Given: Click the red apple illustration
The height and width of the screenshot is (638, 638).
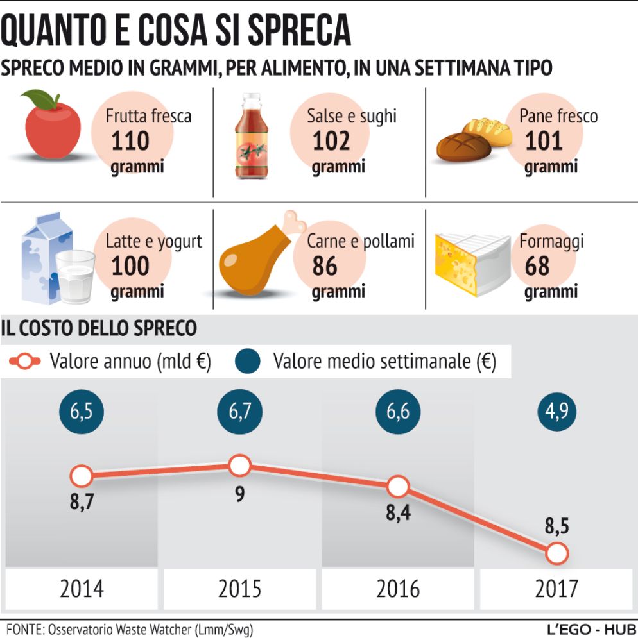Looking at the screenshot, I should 53,128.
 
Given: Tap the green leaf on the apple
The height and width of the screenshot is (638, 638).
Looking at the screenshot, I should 40,98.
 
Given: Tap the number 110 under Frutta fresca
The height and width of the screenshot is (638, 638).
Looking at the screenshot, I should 130,141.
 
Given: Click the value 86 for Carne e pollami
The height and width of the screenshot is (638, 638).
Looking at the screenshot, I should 325,265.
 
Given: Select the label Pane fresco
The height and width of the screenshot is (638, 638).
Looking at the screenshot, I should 558,116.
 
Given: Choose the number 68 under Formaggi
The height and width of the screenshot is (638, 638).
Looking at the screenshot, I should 537,265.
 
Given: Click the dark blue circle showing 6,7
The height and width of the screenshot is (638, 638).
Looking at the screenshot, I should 239,411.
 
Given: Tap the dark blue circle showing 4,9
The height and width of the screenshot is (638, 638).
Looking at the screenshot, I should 556,411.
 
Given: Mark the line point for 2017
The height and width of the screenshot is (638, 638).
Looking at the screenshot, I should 557,552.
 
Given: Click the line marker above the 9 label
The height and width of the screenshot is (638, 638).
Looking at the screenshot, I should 239,466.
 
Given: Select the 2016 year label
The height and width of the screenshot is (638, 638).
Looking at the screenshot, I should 398,588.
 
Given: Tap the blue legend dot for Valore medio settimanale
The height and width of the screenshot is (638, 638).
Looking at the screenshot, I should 251,362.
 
